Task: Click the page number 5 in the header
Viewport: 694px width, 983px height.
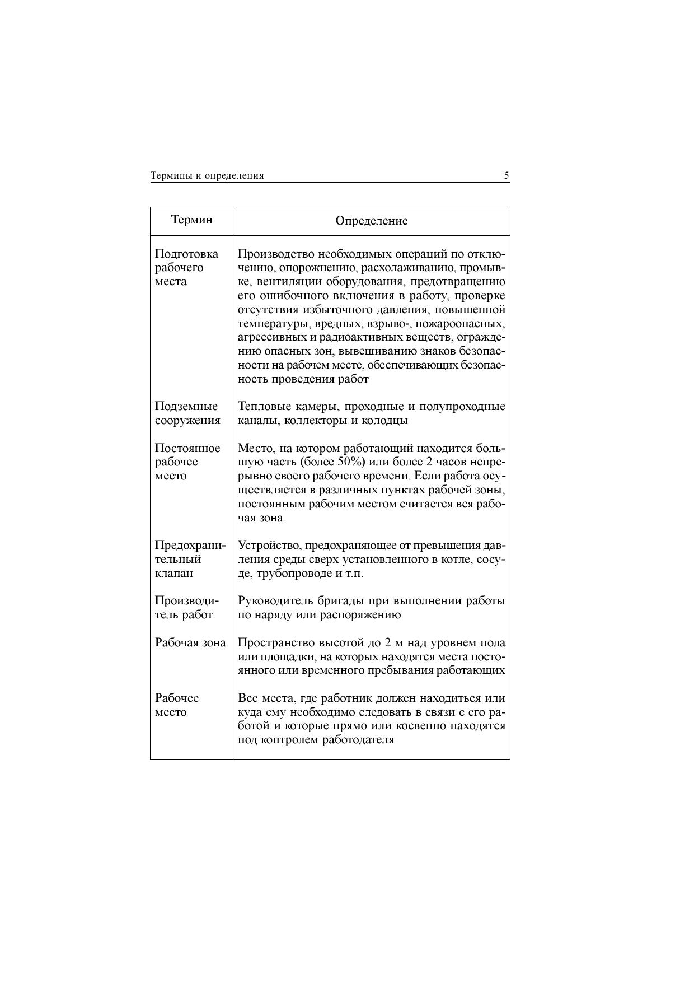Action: (x=507, y=175)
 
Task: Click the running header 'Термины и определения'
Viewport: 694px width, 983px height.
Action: (x=207, y=176)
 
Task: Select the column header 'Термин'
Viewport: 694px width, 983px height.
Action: (x=192, y=220)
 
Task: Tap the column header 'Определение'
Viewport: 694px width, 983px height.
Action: (x=372, y=221)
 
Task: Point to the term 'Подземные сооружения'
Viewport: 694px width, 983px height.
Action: (x=187, y=413)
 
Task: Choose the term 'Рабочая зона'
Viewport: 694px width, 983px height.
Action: (x=190, y=642)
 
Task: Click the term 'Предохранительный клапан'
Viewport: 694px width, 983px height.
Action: (x=190, y=559)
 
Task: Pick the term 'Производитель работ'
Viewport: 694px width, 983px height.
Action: (x=186, y=608)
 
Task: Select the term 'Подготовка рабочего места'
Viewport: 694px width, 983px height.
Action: (x=186, y=268)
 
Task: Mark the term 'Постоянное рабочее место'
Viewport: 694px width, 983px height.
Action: (x=187, y=462)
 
